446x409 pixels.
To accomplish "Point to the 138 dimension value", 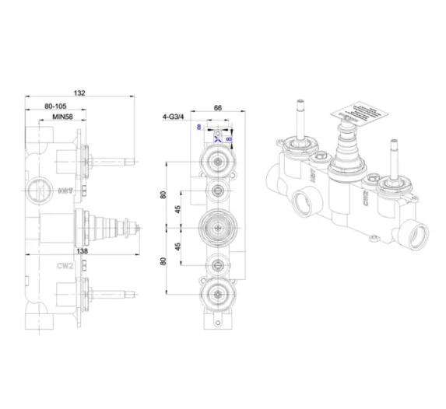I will coord(82,250).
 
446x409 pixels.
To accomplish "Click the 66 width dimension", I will coord(219,110).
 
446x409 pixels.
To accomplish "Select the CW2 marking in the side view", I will coord(65,265).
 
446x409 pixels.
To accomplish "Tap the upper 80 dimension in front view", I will coord(163,194).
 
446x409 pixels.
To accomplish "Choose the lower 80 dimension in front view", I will coord(163,261).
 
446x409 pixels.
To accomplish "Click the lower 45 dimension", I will coord(178,247).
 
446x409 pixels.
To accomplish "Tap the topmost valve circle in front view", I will coord(215,161).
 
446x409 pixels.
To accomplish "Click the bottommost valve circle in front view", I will coord(215,293).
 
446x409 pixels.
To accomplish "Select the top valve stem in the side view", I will coord(113,162).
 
